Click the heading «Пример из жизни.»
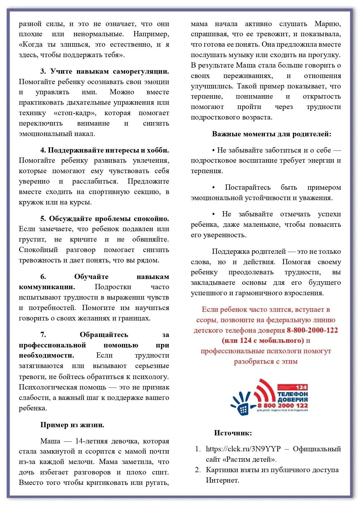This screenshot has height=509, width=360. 72,425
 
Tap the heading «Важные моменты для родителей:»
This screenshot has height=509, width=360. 272,134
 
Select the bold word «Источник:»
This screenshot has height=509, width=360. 233,433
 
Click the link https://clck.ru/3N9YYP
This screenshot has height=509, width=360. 243,449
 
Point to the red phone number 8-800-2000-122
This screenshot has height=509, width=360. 312,330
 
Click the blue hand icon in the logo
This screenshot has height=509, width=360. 241,402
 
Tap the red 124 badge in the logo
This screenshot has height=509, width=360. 301,387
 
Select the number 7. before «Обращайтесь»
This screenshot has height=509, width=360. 43,335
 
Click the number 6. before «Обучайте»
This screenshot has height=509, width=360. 43,277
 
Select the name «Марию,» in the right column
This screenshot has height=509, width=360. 328,24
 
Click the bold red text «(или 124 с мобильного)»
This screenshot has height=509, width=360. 263,340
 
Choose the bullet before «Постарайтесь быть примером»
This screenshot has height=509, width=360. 214,187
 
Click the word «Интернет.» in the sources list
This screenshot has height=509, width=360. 222,480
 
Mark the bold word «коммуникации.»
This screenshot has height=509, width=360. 47,287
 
